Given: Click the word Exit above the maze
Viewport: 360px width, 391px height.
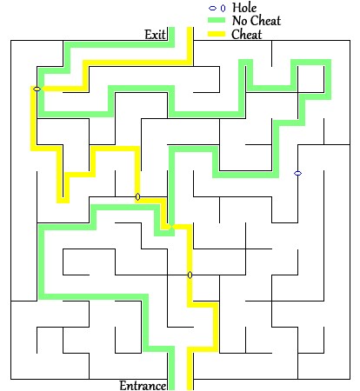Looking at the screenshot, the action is pyautogui.click(x=155, y=35).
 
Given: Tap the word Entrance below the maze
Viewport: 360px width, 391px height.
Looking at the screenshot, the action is pyautogui.click(x=143, y=386).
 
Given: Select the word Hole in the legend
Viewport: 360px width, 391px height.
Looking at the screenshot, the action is pyautogui.click(x=244, y=8).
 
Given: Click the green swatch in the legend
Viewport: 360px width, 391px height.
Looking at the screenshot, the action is pyautogui.click(x=217, y=20).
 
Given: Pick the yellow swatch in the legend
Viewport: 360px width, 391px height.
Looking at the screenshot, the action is pyautogui.click(x=217, y=34).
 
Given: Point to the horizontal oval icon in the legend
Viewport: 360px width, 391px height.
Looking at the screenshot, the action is pyautogui.click(x=212, y=9).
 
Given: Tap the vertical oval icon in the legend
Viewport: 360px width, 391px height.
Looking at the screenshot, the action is pyautogui.click(x=223, y=9).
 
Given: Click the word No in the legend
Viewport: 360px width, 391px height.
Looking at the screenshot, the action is pyautogui.click(x=239, y=21).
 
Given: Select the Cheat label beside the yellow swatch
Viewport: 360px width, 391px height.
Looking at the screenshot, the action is pyautogui.click(x=246, y=35).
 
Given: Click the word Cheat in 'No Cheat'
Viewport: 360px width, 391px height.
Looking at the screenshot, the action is pyautogui.click(x=265, y=21).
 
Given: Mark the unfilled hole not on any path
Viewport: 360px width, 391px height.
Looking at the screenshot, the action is pyautogui.click(x=297, y=173).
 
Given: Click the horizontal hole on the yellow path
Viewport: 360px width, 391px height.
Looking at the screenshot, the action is pyautogui.click(x=37, y=89).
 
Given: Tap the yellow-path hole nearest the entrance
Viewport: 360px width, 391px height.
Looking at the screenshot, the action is pyautogui.click(x=190, y=275).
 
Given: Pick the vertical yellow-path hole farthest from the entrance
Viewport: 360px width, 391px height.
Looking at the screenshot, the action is pyautogui.click(x=137, y=197).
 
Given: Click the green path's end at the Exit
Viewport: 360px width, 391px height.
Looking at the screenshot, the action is pyautogui.click(x=171, y=28).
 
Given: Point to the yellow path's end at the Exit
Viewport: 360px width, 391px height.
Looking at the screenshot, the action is pyautogui.click(x=190, y=28).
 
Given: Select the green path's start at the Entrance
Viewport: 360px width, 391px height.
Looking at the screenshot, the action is pyautogui.click(x=171, y=389).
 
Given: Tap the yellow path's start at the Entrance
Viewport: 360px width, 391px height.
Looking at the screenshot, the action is pyautogui.click(x=190, y=389).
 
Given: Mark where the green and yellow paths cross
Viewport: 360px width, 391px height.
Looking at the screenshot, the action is pyautogui.click(x=171, y=227).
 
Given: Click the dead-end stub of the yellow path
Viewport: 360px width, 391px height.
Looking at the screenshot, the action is pyautogui.click(x=63, y=200).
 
